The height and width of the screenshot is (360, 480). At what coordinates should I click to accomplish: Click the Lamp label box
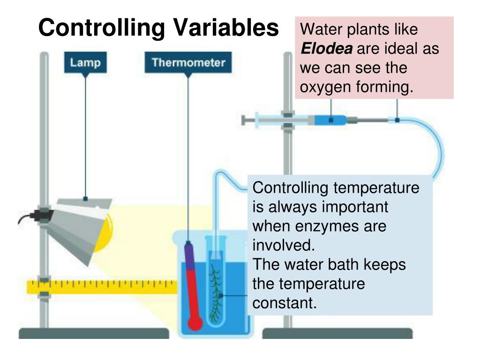(85, 62)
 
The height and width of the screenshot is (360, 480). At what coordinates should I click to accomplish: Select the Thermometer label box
(188, 62)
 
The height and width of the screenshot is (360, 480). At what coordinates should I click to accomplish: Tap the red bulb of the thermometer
(194, 323)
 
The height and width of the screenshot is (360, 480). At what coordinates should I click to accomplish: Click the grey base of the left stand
(94, 333)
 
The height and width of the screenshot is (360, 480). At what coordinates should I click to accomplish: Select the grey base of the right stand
(337, 333)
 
